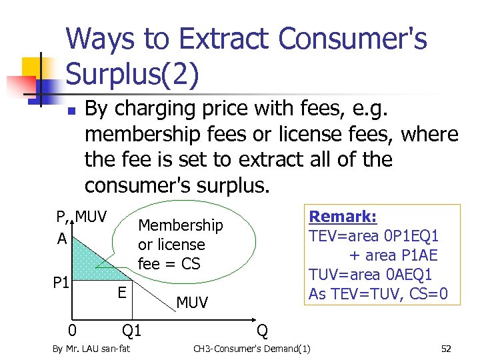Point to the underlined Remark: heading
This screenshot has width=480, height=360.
pyautogui.click(x=343, y=217)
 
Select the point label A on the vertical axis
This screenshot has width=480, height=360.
pyautogui.click(x=61, y=238)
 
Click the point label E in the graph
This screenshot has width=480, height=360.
pyautogui.click(x=122, y=291)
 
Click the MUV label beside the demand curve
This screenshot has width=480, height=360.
pyautogui.click(x=192, y=303)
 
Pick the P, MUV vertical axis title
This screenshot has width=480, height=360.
pyautogui.click(x=81, y=217)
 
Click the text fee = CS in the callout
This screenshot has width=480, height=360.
pyautogui.click(x=169, y=263)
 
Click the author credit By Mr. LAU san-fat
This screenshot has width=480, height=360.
pyautogui.click(x=91, y=349)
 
